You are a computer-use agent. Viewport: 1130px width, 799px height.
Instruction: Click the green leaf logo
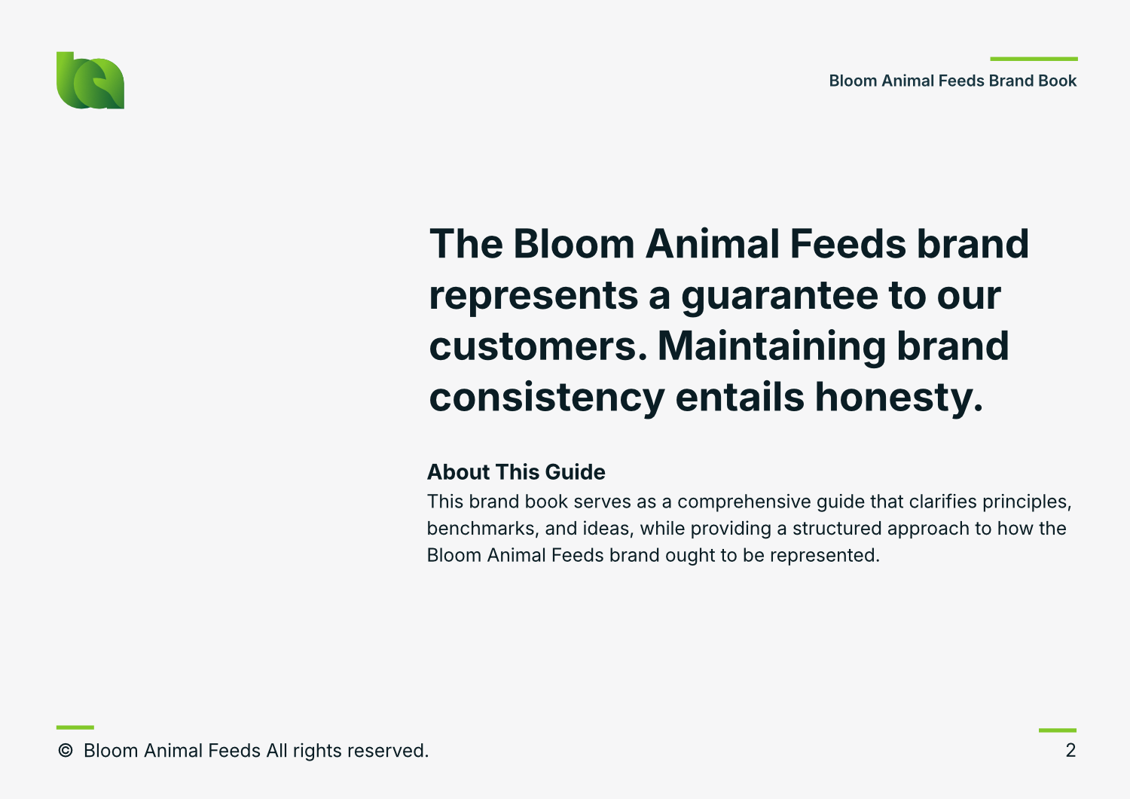[x=90, y=81]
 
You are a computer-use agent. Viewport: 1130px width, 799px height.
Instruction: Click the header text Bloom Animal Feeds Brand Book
[x=952, y=81]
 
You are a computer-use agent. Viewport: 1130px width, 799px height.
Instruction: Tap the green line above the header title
[x=1034, y=59]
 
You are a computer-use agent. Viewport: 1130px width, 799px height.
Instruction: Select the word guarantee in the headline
[x=780, y=296]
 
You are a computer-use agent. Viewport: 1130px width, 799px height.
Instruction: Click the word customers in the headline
[x=538, y=346]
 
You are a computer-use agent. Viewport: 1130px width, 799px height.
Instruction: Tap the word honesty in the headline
[x=899, y=398]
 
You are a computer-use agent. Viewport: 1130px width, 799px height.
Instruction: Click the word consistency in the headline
[x=547, y=398]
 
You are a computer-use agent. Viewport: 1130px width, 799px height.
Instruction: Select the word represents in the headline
[x=533, y=297]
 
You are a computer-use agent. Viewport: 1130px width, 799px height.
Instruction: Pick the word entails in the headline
[x=740, y=397]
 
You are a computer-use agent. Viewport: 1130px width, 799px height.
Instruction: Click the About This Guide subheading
[x=516, y=472]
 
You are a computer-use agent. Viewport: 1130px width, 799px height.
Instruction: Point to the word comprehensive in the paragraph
[x=744, y=502]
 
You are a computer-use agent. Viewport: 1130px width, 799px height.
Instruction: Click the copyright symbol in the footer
[x=66, y=751]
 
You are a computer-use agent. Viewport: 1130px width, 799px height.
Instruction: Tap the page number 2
[x=1070, y=751]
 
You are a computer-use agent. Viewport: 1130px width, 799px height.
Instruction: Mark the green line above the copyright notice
[x=75, y=727]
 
